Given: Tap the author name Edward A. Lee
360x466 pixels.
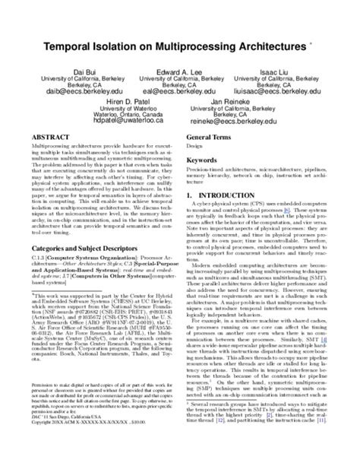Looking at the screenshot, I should [180, 71].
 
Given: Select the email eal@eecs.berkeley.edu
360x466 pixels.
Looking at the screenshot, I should [180, 90].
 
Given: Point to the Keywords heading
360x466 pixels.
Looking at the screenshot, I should [203, 161].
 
